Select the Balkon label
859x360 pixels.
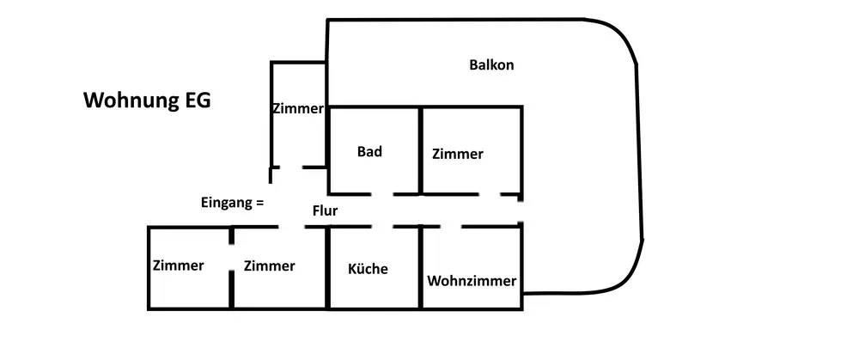pos(491,65)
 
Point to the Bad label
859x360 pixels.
pos(369,152)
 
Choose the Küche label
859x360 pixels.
pos(368,269)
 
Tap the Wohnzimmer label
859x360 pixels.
pos(472,281)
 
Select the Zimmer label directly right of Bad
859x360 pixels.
pos(458,155)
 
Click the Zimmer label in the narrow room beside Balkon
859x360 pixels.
pos(297,109)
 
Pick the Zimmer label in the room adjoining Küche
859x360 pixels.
pos(269,266)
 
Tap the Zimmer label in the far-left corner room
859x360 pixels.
pos(179,265)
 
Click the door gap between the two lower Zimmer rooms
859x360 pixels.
pos(232,258)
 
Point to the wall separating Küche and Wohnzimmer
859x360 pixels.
pos(421,275)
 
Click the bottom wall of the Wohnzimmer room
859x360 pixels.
pos(472,307)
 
